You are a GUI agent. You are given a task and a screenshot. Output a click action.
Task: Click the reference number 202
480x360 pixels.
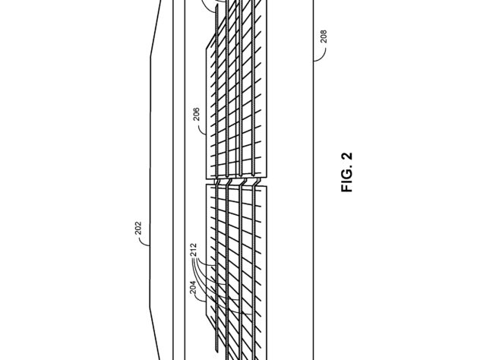click(138, 228)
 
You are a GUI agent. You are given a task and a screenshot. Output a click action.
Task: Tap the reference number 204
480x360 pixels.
click(193, 287)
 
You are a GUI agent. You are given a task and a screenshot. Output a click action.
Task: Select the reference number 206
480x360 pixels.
click(197, 114)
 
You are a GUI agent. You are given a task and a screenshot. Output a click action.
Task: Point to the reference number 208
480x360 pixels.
click(324, 36)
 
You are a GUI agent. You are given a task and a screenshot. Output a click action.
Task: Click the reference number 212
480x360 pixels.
click(194, 250)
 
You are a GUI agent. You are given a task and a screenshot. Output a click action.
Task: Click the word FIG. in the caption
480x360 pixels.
click(347, 180)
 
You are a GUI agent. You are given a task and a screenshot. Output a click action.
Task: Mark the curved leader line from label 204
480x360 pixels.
click(199, 298)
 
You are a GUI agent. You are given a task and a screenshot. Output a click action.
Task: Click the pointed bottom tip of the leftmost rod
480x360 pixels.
click(216, 352)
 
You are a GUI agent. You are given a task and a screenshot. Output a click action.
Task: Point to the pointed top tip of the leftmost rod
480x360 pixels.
click(216, 5)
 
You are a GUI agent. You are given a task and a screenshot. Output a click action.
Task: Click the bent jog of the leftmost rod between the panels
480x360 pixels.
click(216, 182)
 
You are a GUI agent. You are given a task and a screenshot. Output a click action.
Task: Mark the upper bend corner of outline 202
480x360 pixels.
click(150, 57)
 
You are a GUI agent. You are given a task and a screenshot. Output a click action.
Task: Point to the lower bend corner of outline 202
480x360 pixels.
click(150, 308)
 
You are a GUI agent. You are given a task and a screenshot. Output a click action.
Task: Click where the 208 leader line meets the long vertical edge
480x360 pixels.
click(313, 62)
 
